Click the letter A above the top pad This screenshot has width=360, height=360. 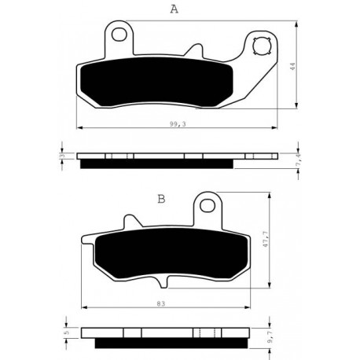[x=174, y=9]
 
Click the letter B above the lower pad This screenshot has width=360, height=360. [x=161, y=199]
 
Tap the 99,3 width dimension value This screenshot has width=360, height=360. [x=178, y=124]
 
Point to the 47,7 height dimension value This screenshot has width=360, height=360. [x=266, y=240]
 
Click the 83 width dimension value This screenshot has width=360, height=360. [x=161, y=303]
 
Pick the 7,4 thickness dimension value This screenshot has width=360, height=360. [x=298, y=160]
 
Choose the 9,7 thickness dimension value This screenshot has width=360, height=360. [x=271, y=337]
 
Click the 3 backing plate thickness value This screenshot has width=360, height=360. [x=62, y=156]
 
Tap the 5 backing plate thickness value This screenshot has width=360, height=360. [x=67, y=332]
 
